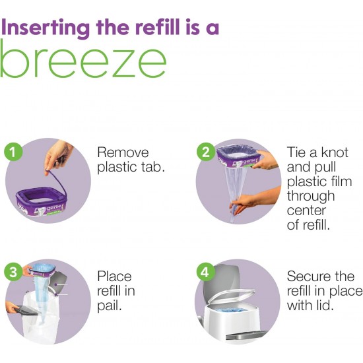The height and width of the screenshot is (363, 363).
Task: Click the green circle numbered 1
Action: coord(13,152)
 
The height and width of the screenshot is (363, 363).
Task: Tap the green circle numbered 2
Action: coord(205,152)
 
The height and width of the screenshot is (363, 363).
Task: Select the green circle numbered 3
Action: coord(13,272)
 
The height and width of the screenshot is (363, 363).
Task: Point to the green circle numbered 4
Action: coord(205,272)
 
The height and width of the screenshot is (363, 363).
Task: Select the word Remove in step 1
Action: coord(123,152)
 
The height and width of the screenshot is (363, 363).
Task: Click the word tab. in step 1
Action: coord(153,167)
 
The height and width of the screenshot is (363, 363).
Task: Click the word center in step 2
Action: coord(306,211)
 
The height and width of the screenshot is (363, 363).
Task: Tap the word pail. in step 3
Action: coord(110,307)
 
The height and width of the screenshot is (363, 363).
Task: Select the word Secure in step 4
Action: coord(307,277)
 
